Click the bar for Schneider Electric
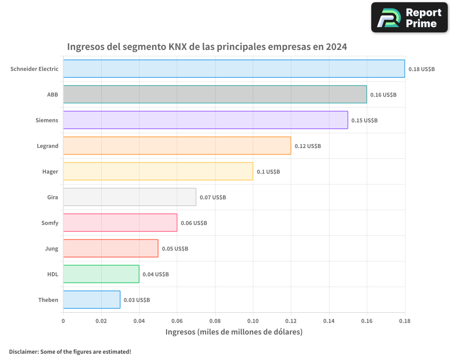234,69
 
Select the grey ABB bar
215,94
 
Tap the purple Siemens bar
205,120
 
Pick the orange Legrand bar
177,146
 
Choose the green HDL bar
101,274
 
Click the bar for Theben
91,300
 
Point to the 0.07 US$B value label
213,198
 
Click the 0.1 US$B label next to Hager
268,172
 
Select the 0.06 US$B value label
194,223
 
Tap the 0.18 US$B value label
422,69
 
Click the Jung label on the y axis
52,249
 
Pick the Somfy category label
50,223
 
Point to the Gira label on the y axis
53,198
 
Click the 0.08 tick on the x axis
215,321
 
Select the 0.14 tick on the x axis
329,321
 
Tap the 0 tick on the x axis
63,321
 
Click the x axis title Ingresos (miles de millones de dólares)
234,332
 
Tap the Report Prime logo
409,18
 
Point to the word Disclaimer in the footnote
23,351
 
